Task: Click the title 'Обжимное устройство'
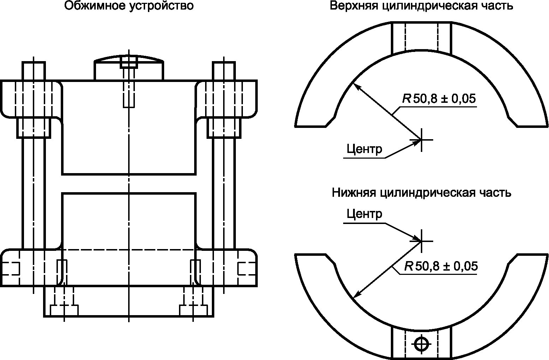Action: coord(129,6)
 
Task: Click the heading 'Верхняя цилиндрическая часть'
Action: coord(421,6)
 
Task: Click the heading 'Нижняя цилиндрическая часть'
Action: coord(421,193)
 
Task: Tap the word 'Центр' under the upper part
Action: coord(364,149)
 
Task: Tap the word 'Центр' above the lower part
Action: coord(364,214)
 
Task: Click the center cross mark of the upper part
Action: coord(421,139)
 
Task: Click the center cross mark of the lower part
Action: coord(421,241)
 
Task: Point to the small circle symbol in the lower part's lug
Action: coord(421,343)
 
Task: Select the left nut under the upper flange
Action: coord(34,128)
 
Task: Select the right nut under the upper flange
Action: coord(224,128)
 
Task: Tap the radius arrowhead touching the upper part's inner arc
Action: coord(354,85)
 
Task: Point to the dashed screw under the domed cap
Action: coord(129,88)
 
